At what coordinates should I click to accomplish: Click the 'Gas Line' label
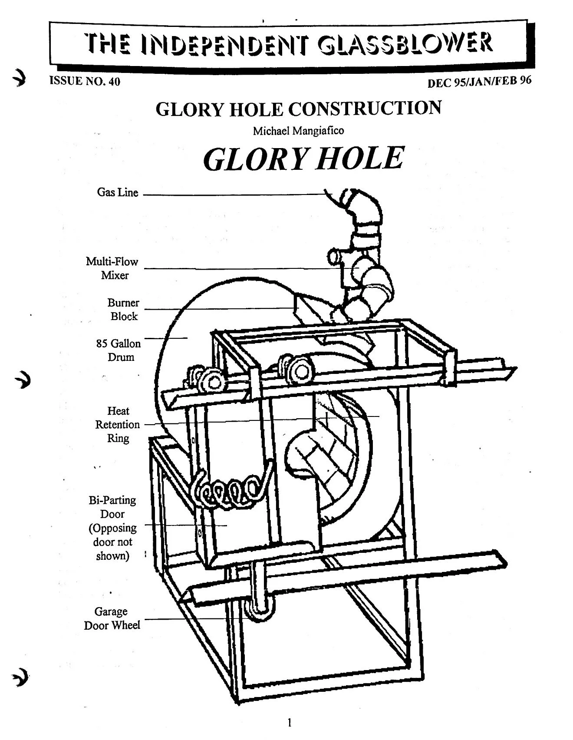tap(117, 192)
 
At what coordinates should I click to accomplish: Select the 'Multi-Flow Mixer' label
tap(112, 268)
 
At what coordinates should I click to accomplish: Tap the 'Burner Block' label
tap(123, 309)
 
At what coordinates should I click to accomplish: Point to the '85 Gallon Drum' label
tap(118, 350)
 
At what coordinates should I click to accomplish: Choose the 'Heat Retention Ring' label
tap(118, 424)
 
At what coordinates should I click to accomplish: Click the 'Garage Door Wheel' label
tap(112, 618)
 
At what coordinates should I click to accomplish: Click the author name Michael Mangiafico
tap(298, 130)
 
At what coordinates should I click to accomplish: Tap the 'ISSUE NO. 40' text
tap(85, 81)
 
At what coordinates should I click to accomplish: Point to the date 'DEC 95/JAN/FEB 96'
tap(479, 82)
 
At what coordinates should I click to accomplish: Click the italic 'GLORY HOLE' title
tap(303, 159)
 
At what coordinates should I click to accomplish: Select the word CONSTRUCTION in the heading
tap(365, 108)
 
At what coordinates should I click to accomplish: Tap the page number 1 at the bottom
tap(290, 723)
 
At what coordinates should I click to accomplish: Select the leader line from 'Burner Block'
tap(217, 309)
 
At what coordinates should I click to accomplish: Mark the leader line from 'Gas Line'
tap(234, 195)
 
